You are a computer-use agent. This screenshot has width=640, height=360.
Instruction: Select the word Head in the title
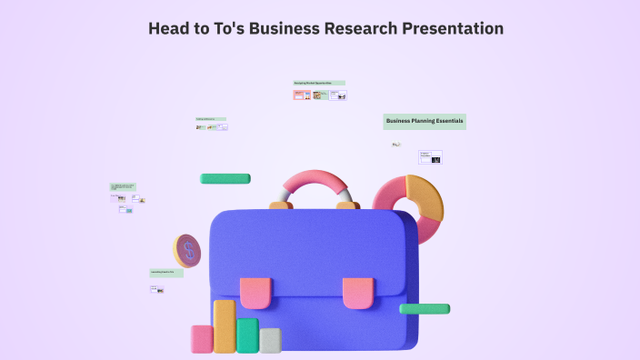pyautogui.click(x=170, y=28)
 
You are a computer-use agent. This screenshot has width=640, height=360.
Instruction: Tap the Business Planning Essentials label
pyautogui.click(x=425, y=120)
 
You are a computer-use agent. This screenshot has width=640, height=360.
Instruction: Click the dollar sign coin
pyautogui.click(x=187, y=250)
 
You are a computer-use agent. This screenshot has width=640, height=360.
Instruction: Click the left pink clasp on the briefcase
pyautogui.click(x=255, y=292)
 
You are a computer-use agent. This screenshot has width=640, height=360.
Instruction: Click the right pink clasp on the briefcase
pyautogui.click(x=358, y=292)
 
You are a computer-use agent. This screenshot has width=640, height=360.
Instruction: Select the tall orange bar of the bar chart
pyautogui.click(x=225, y=325)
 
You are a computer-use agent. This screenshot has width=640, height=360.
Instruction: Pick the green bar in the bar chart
pyautogui.click(x=247, y=335)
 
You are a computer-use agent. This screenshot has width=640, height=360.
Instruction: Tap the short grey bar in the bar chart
pyautogui.click(x=270, y=340)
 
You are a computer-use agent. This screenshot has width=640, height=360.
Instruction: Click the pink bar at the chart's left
pyautogui.click(x=202, y=338)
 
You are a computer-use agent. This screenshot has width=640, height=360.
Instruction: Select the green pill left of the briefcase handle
pyautogui.click(x=225, y=178)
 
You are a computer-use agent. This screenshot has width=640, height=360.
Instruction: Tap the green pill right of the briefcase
pyautogui.click(x=425, y=309)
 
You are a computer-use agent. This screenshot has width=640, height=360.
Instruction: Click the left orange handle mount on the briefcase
pyautogui.click(x=281, y=206)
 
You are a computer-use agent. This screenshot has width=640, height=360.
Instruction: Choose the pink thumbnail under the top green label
pyautogui.click(x=299, y=95)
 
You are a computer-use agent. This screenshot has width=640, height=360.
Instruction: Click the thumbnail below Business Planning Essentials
pyautogui.click(x=430, y=157)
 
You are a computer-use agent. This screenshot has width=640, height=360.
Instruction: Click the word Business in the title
pyautogui.click(x=288, y=28)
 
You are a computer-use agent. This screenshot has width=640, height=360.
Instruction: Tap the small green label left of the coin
pyautogui.click(x=166, y=272)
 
